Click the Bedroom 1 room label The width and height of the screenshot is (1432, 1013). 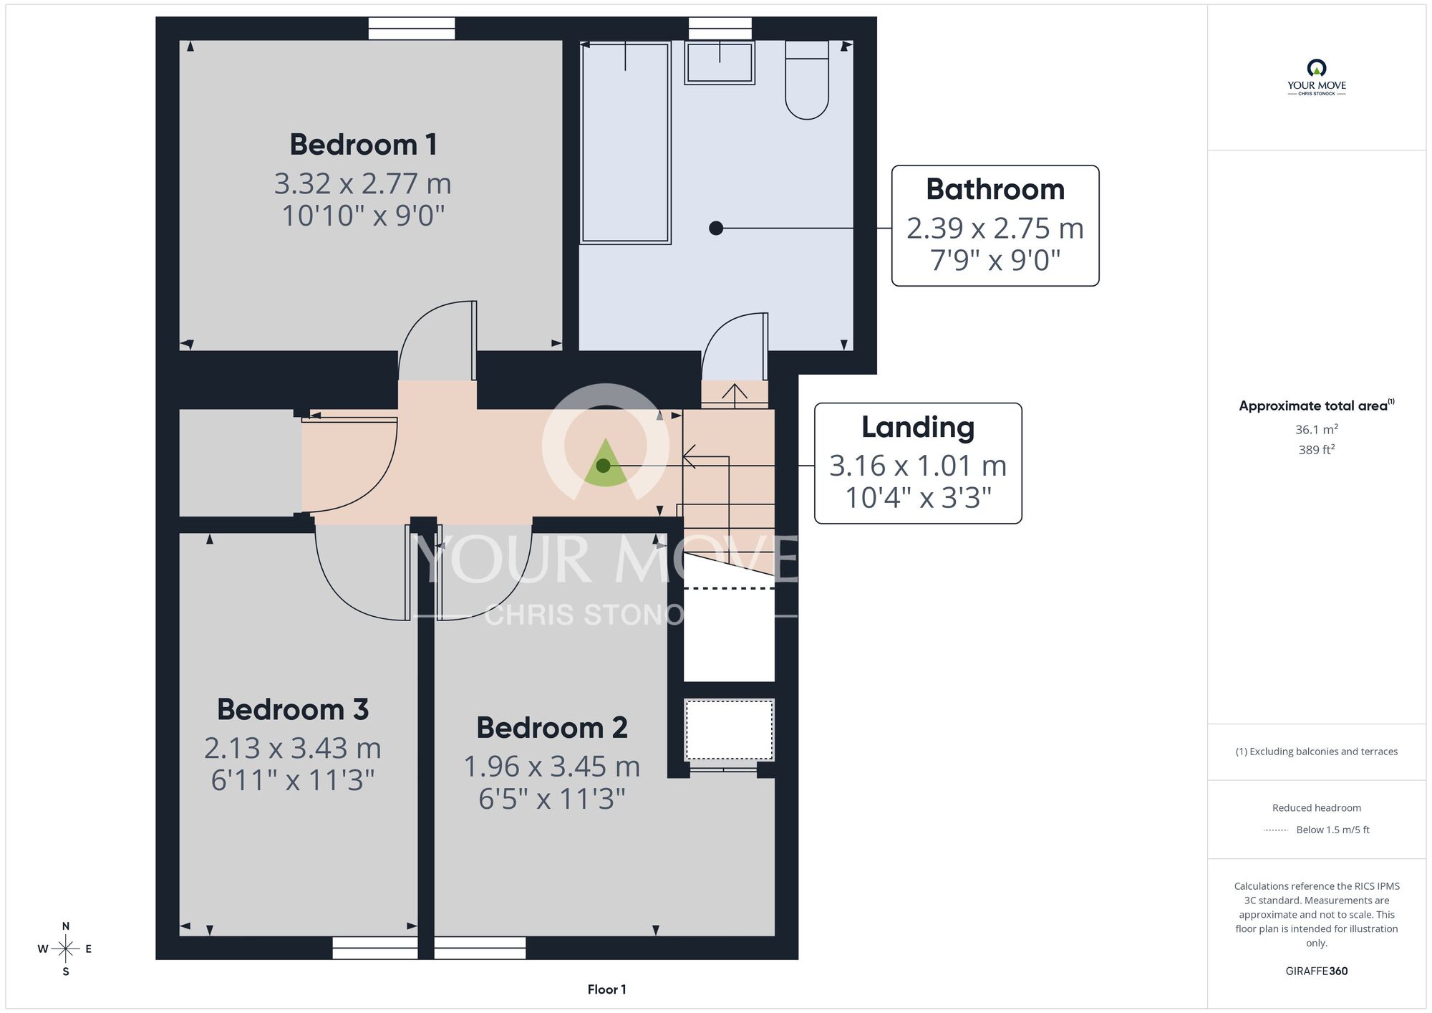pyautogui.click(x=363, y=145)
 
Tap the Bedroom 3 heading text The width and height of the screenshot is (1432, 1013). pyautogui.click(x=293, y=709)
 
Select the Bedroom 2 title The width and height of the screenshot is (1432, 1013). pyautogui.click(x=552, y=728)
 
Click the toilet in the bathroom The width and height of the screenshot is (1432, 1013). pyautogui.click(x=807, y=79)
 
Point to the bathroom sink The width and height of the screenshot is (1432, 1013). pyautogui.click(x=720, y=62)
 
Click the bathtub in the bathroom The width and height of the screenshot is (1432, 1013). pyautogui.click(x=625, y=142)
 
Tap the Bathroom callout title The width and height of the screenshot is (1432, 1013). pyautogui.click(x=995, y=189)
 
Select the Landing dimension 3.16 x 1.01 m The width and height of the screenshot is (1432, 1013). pyautogui.click(x=918, y=466)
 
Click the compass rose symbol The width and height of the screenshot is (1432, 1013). pyautogui.click(x=65, y=949)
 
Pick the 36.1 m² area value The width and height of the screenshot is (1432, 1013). pyautogui.click(x=1316, y=429)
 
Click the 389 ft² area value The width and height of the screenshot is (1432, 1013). pyautogui.click(x=1316, y=450)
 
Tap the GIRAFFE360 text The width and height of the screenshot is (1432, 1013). pyautogui.click(x=1316, y=971)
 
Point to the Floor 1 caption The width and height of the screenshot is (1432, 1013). pyautogui.click(x=606, y=989)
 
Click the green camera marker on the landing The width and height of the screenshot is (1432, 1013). pyautogui.click(x=605, y=464)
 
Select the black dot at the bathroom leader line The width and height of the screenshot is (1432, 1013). pyautogui.click(x=716, y=229)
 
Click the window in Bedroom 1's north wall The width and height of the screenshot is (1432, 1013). pyautogui.click(x=412, y=29)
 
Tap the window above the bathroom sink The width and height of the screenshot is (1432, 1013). pyautogui.click(x=720, y=29)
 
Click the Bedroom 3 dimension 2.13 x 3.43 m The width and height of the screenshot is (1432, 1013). pyautogui.click(x=293, y=748)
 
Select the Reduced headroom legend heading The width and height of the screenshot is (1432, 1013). pyautogui.click(x=1316, y=808)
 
